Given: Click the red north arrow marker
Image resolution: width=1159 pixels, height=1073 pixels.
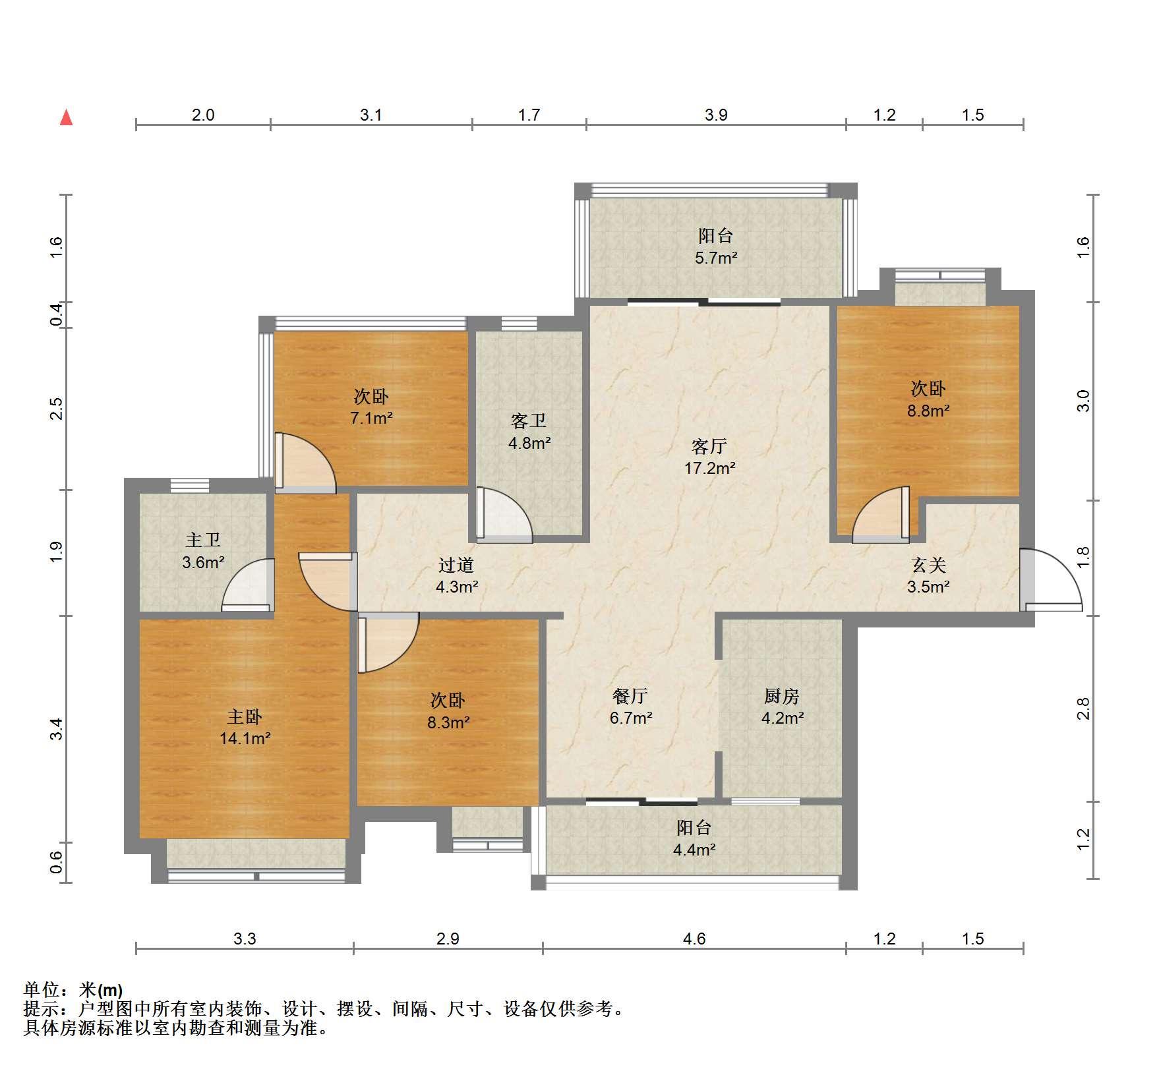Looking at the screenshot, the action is tap(66, 117).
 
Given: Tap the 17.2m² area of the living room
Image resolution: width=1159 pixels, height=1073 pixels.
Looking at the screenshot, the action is tap(709, 469).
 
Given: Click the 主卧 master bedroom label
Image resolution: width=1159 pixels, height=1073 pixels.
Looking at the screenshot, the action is tap(245, 716).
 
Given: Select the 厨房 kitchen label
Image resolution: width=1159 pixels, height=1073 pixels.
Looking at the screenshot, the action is tap(782, 696).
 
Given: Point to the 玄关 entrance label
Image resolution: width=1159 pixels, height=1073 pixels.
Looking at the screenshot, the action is tap(928, 565).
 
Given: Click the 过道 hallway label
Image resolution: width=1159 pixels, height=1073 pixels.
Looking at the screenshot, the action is tap(456, 565).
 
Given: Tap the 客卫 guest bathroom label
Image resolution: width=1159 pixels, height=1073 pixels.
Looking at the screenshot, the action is tap(529, 421).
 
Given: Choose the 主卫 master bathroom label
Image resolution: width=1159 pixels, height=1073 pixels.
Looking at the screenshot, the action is tap(203, 540).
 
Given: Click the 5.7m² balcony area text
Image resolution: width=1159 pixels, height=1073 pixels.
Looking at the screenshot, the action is tap(716, 258).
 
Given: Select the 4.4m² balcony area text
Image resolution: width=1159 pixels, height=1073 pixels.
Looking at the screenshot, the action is tap(694, 850).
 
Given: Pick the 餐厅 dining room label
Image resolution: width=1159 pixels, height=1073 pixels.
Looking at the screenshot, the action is tap(630, 696).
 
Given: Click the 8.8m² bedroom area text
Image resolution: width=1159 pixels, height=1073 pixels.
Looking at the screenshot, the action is tap(928, 411).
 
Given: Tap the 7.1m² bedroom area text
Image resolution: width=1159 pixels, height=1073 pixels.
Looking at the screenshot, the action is tap(372, 418).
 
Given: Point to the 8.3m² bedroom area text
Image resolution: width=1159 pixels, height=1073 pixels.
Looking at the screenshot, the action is tap(448, 722).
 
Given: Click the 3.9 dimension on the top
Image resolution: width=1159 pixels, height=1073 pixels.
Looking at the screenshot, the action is tap(716, 115).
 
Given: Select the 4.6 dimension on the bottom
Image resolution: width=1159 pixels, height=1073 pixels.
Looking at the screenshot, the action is tap(694, 939).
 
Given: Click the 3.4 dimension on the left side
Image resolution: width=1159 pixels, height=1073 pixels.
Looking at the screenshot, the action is tap(57, 729).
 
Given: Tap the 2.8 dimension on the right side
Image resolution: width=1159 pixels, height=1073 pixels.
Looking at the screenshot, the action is tap(1083, 709).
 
